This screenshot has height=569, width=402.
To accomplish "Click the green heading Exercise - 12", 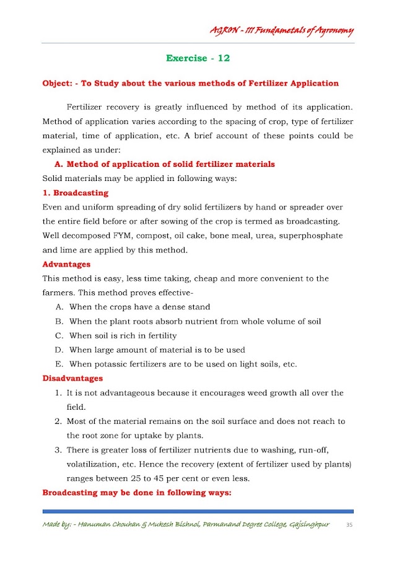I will [x=198, y=58].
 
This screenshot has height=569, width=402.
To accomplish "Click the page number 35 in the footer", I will [x=349, y=525].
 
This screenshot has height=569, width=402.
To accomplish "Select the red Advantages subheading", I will [x=66, y=264].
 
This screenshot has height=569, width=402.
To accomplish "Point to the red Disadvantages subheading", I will [x=72, y=378].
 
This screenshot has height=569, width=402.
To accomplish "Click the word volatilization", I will [x=94, y=464].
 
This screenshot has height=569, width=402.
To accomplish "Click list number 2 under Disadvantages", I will [x=58, y=421].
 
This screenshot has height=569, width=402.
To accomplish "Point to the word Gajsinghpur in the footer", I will [x=308, y=525].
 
